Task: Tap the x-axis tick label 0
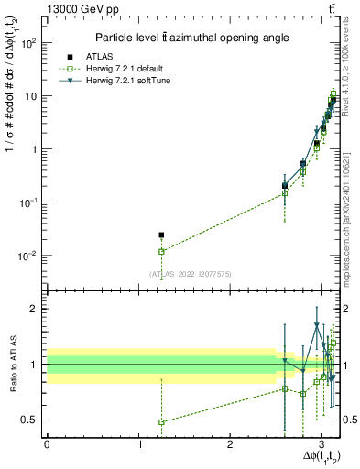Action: [47, 443]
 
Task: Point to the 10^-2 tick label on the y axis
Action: [27, 256]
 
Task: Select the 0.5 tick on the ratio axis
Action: [29, 420]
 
